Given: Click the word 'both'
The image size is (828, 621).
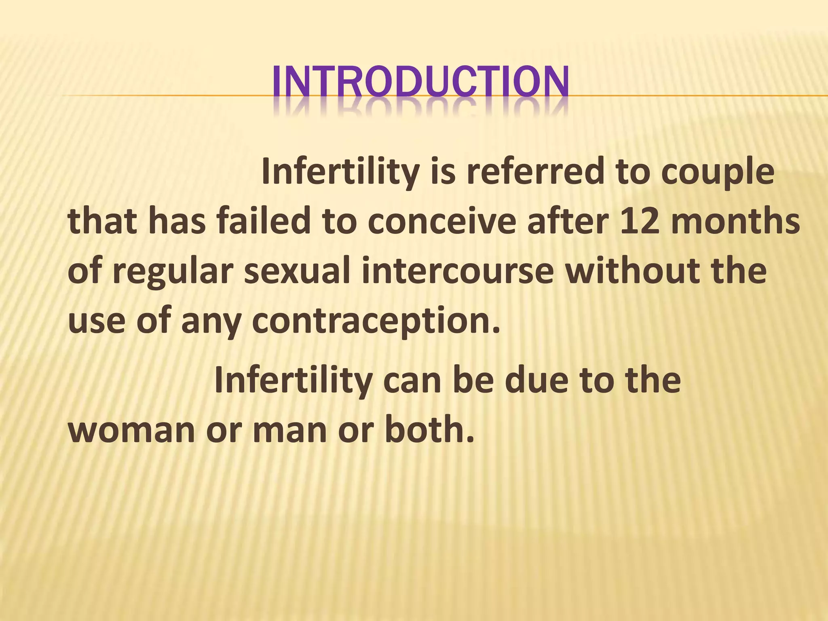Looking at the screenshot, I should click(429, 429).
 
